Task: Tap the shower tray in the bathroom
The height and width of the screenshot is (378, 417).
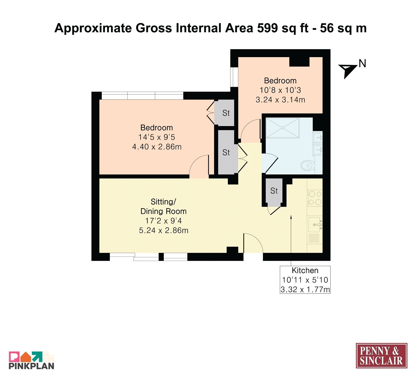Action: point(283,128)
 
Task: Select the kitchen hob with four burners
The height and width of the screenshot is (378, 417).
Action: point(315,198)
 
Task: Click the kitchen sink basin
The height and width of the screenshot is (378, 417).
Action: point(315,224)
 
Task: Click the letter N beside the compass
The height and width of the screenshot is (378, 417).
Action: point(362,64)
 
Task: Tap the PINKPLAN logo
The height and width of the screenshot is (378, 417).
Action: point(32,360)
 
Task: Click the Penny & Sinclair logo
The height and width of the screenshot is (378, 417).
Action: point(381,356)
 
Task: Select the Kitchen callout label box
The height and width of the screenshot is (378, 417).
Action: point(305,280)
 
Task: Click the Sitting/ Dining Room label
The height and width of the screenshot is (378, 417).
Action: point(163,206)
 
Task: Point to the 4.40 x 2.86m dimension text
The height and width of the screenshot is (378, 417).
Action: point(157,147)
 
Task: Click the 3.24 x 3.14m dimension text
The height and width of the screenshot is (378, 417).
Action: point(280,100)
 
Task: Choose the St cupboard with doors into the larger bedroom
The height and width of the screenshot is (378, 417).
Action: point(224,113)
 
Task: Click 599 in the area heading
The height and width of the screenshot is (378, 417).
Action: point(268,28)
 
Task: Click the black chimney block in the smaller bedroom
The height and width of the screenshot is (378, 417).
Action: point(299,62)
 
